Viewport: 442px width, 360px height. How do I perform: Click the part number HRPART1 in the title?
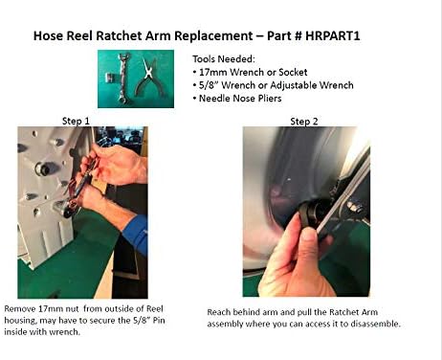click(333, 35)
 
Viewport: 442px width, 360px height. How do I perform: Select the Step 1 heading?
click(76, 121)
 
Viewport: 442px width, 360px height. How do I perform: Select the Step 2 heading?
click(304, 122)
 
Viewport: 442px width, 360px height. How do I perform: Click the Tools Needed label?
click(224, 59)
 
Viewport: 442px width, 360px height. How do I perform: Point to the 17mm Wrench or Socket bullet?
click(251, 72)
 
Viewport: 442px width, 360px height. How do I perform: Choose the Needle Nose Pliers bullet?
click(237, 99)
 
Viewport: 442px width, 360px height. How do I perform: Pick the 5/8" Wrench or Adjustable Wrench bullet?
click(274, 85)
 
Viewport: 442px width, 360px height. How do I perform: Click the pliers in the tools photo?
click(149, 79)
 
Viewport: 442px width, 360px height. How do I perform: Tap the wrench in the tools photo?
click(123, 79)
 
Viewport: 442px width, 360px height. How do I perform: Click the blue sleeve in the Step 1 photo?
click(136, 233)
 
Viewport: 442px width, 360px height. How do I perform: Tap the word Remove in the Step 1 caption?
click(20, 309)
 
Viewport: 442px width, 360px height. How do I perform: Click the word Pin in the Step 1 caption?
click(159, 320)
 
